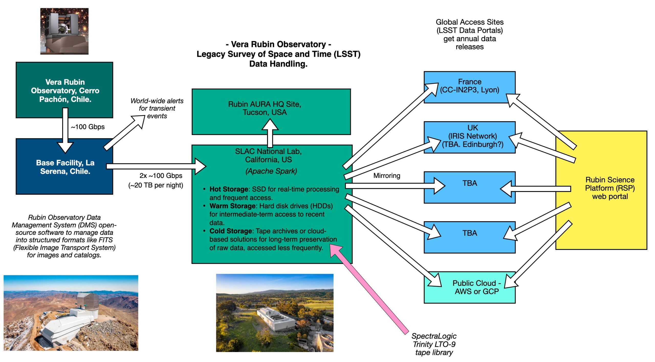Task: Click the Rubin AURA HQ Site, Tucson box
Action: pos(265,108)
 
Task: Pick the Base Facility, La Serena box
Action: pos(65,167)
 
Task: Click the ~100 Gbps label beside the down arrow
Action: pos(88,127)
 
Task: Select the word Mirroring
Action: pos(387,176)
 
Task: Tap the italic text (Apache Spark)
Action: pos(271,171)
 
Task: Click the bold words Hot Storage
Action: pos(229,189)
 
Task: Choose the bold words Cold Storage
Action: pos(231,231)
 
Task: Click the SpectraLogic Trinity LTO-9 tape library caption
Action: pos(434,344)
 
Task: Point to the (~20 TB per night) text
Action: pos(156,185)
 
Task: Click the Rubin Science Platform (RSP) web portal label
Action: pos(610,188)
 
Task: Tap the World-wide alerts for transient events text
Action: pos(157,108)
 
